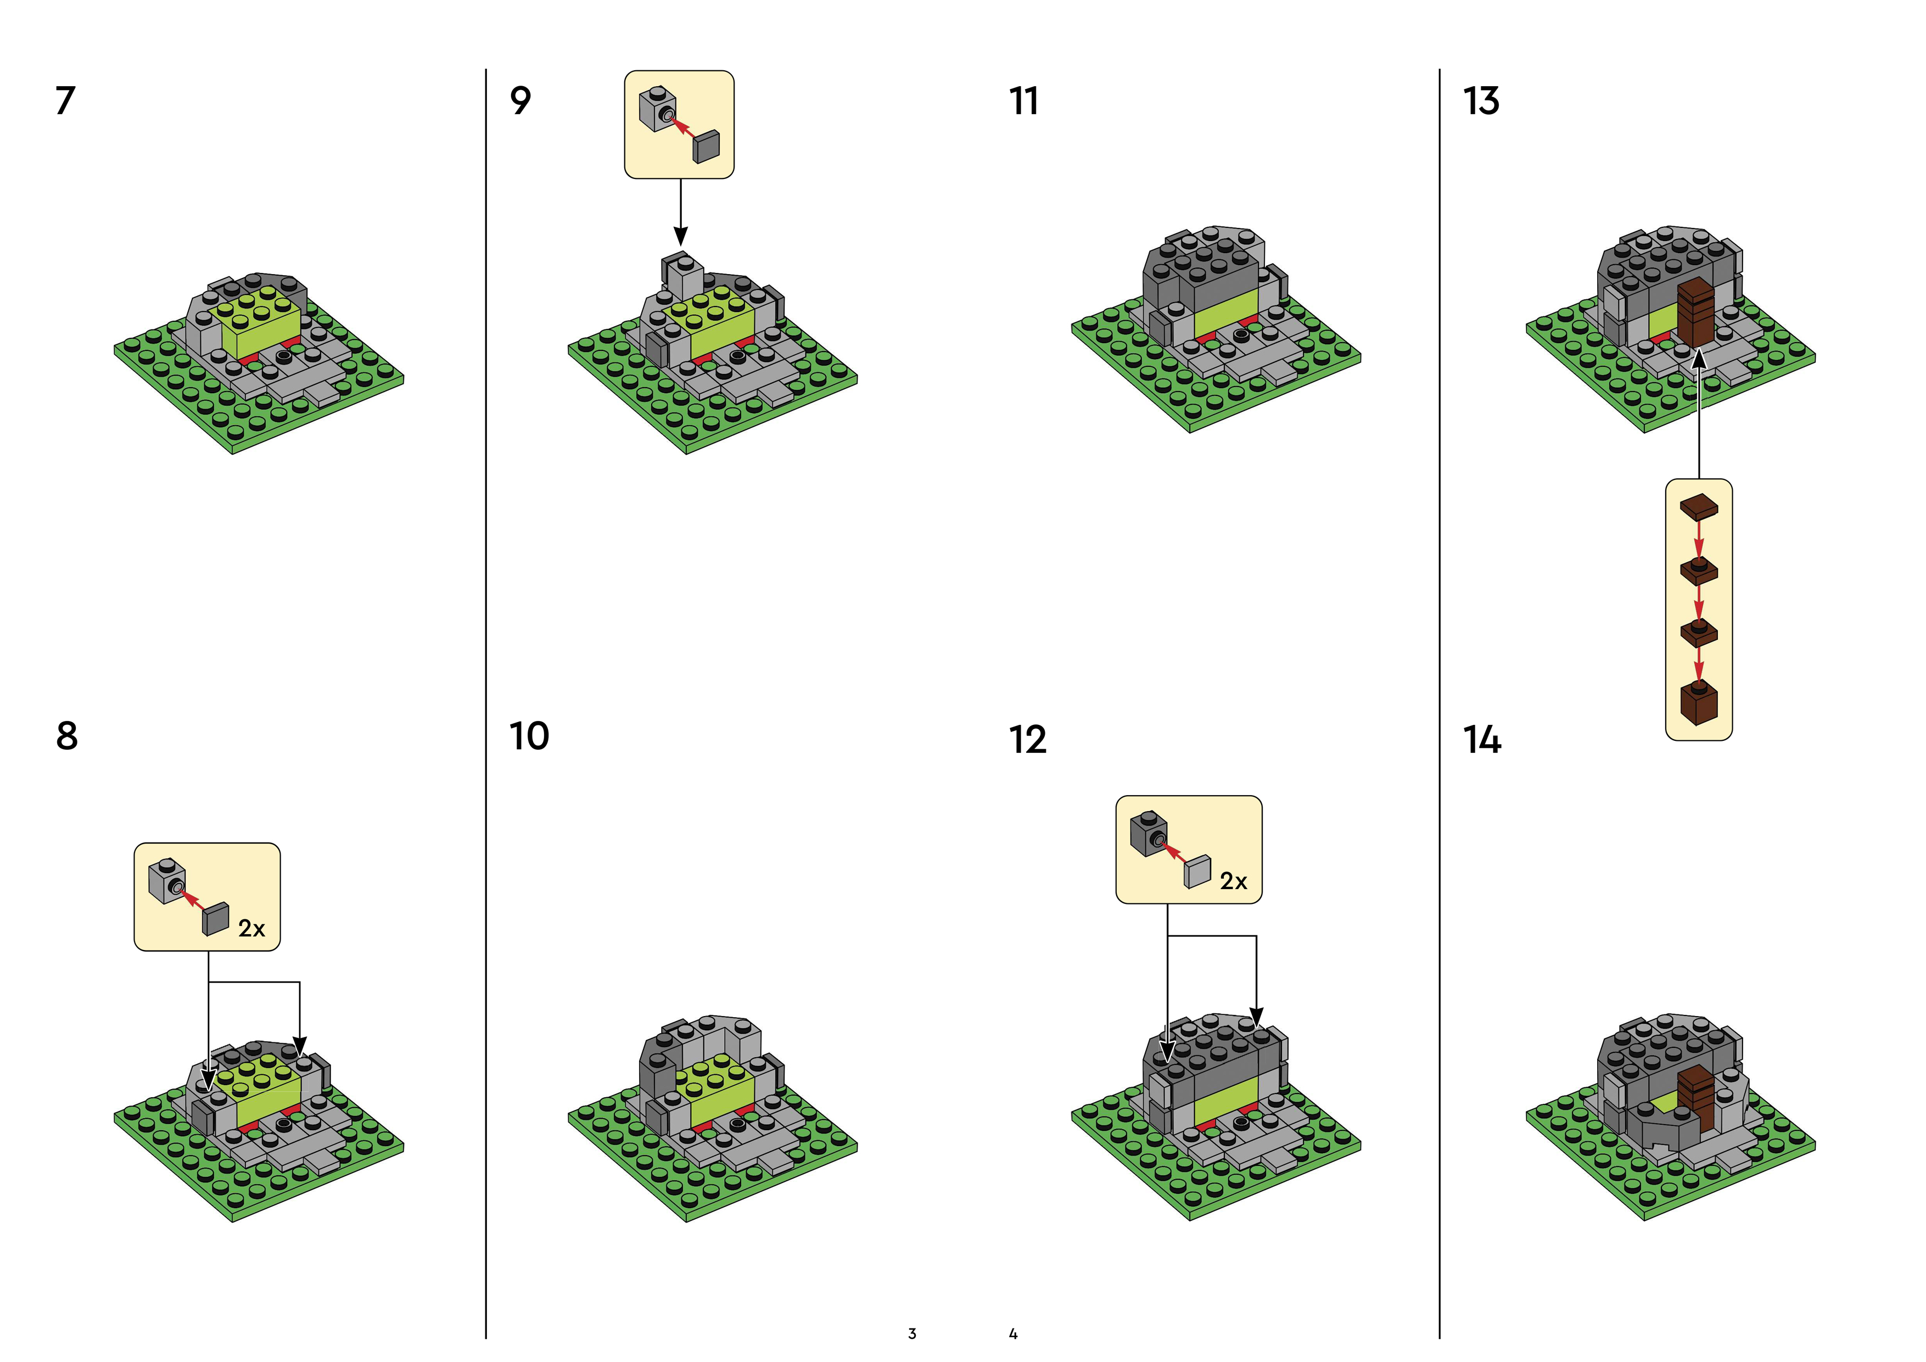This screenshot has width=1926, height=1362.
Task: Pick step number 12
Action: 1028,740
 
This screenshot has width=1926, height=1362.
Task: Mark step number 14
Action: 1481,740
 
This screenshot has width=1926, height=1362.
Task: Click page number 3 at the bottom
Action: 912,1333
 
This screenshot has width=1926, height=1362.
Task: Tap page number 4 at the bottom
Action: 1014,1333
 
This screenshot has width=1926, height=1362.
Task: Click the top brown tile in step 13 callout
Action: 1699,507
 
